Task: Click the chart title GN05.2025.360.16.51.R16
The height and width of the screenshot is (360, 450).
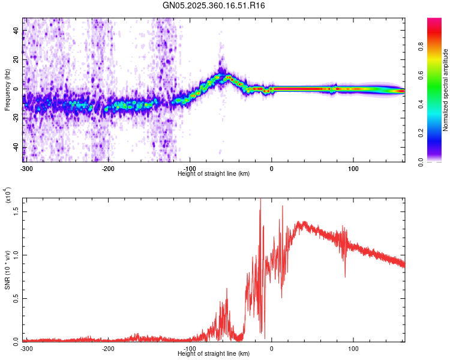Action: click(x=214, y=5)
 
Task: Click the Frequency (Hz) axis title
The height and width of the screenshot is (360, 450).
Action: click(x=7, y=90)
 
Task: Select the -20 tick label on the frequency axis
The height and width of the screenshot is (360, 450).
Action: click(x=16, y=118)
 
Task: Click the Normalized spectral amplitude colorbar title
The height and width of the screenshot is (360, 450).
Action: click(x=445, y=90)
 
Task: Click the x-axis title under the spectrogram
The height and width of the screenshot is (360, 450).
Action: click(x=214, y=173)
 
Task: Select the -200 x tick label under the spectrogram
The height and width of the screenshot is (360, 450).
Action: click(x=108, y=168)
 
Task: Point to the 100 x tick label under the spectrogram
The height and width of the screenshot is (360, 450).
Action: click(x=353, y=168)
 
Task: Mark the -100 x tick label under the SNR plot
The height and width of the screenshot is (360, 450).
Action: click(x=190, y=348)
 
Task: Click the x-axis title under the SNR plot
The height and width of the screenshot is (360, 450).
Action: click(x=214, y=353)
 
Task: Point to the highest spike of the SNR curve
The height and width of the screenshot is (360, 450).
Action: click(x=260, y=200)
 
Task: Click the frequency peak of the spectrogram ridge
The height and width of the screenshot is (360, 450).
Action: click(x=227, y=76)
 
